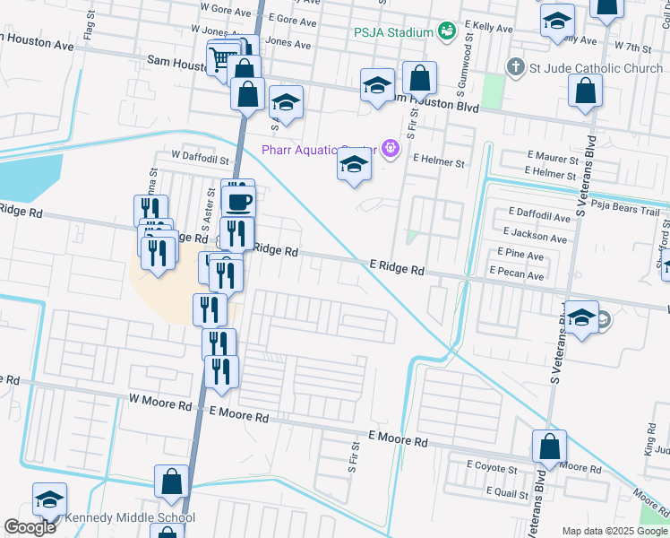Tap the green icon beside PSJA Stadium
[x=446, y=32]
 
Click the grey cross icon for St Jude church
[x=515, y=66]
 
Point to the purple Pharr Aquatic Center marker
[x=390, y=149]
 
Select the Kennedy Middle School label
[x=133, y=517]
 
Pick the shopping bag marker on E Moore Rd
[x=549, y=446]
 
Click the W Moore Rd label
[x=161, y=405]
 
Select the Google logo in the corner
[x=30, y=527]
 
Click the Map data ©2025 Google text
[x=614, y=531]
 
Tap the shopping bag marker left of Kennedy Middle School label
[x=171, y=482]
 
